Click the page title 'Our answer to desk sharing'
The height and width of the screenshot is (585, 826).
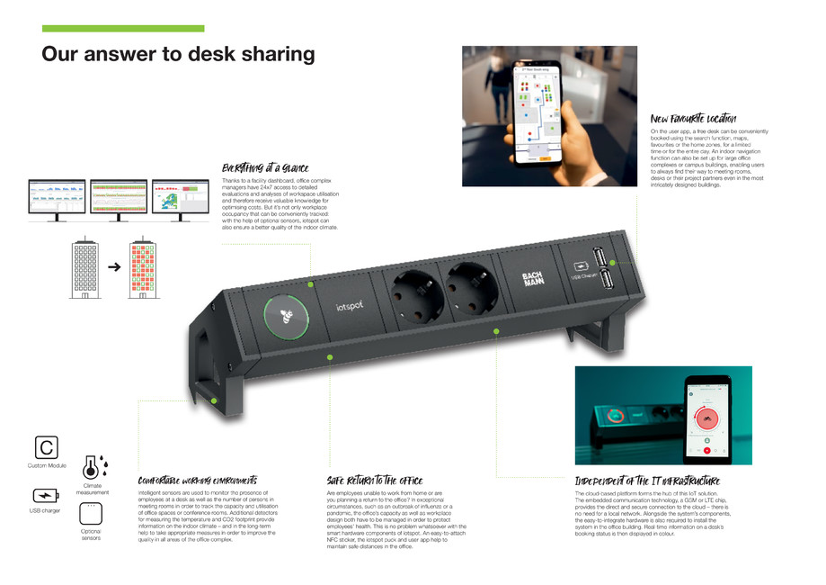[178, 54]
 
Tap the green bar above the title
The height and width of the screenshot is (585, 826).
[123, 29]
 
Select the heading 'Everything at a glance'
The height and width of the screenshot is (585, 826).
[265, 167]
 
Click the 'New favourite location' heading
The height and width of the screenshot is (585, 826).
[693, 119]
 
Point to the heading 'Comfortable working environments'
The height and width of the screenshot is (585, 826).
[197, 481]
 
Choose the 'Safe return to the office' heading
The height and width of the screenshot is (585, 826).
[374, 481]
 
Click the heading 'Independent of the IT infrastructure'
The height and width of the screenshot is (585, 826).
[646, 481]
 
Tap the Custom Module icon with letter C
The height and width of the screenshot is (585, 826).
[46, 446]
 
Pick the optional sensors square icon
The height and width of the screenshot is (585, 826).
[91, 513]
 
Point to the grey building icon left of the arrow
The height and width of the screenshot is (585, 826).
[84, 267]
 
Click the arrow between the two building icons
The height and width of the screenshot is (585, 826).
[113, 267]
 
